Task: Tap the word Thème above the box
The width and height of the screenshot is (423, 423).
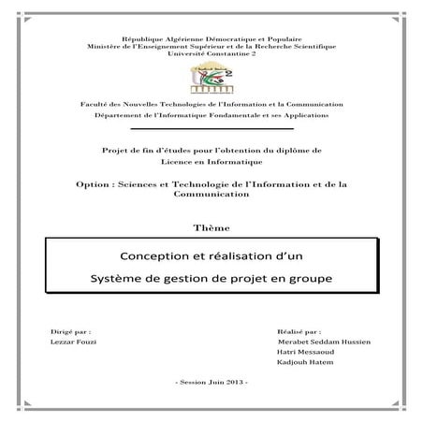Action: click(x=211, y=227)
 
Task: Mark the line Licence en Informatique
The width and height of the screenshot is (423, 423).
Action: click(x=211, y=160)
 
